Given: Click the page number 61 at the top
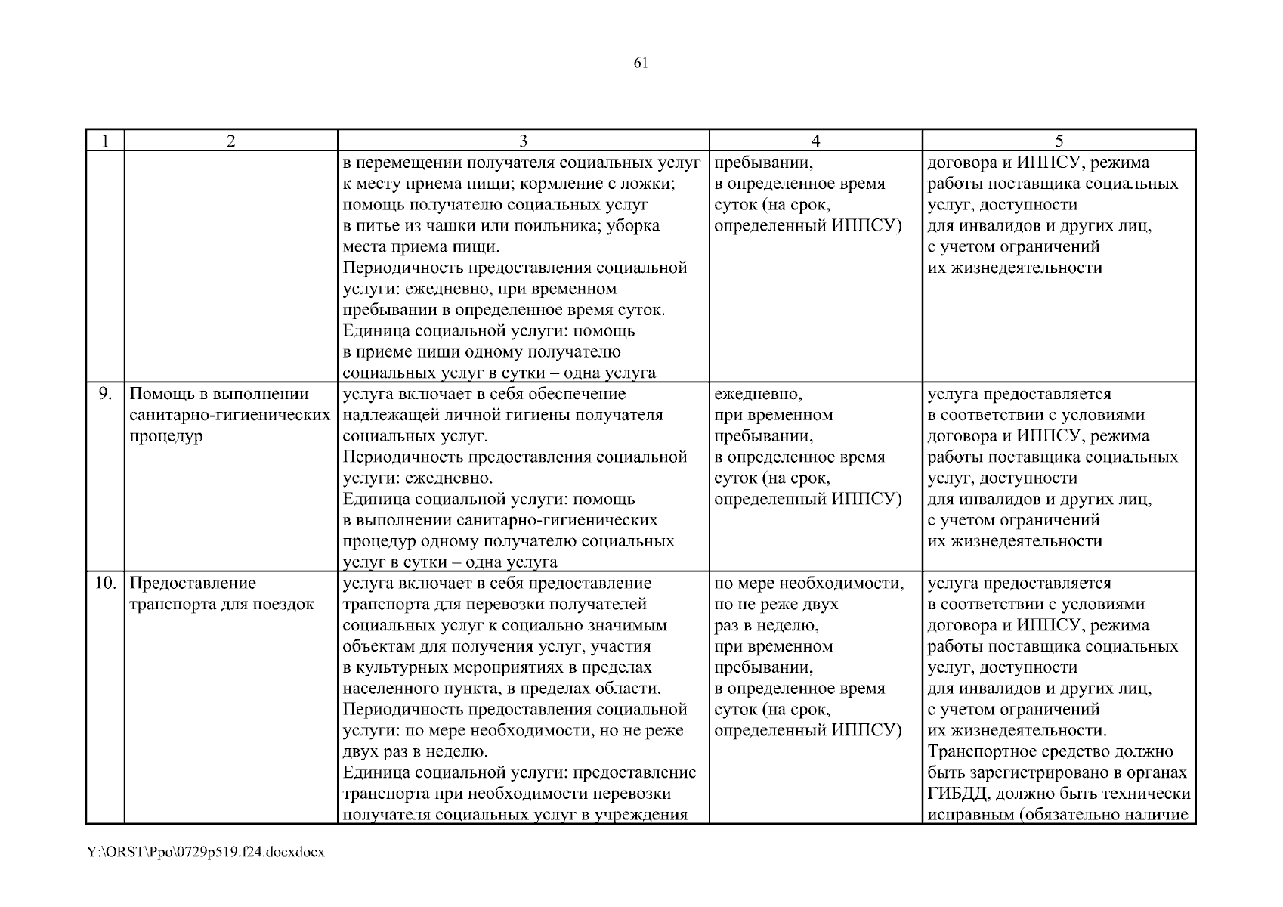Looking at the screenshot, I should tap(641, 63).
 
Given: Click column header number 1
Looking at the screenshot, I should tap(105, 141).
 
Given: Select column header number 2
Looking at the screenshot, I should tap(230, 141).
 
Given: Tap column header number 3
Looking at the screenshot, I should tap(523, 141).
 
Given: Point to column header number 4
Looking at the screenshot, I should tap(816, 141).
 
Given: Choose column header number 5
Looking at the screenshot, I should tap(1059, 141).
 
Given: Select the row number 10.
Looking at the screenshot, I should tap(105, 584).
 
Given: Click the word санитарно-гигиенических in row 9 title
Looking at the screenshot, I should tap(230, 415).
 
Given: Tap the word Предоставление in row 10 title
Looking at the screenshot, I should tap(193, 584).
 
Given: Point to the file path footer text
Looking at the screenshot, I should tap(206, 852).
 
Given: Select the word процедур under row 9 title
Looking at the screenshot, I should tap(166, 436).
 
